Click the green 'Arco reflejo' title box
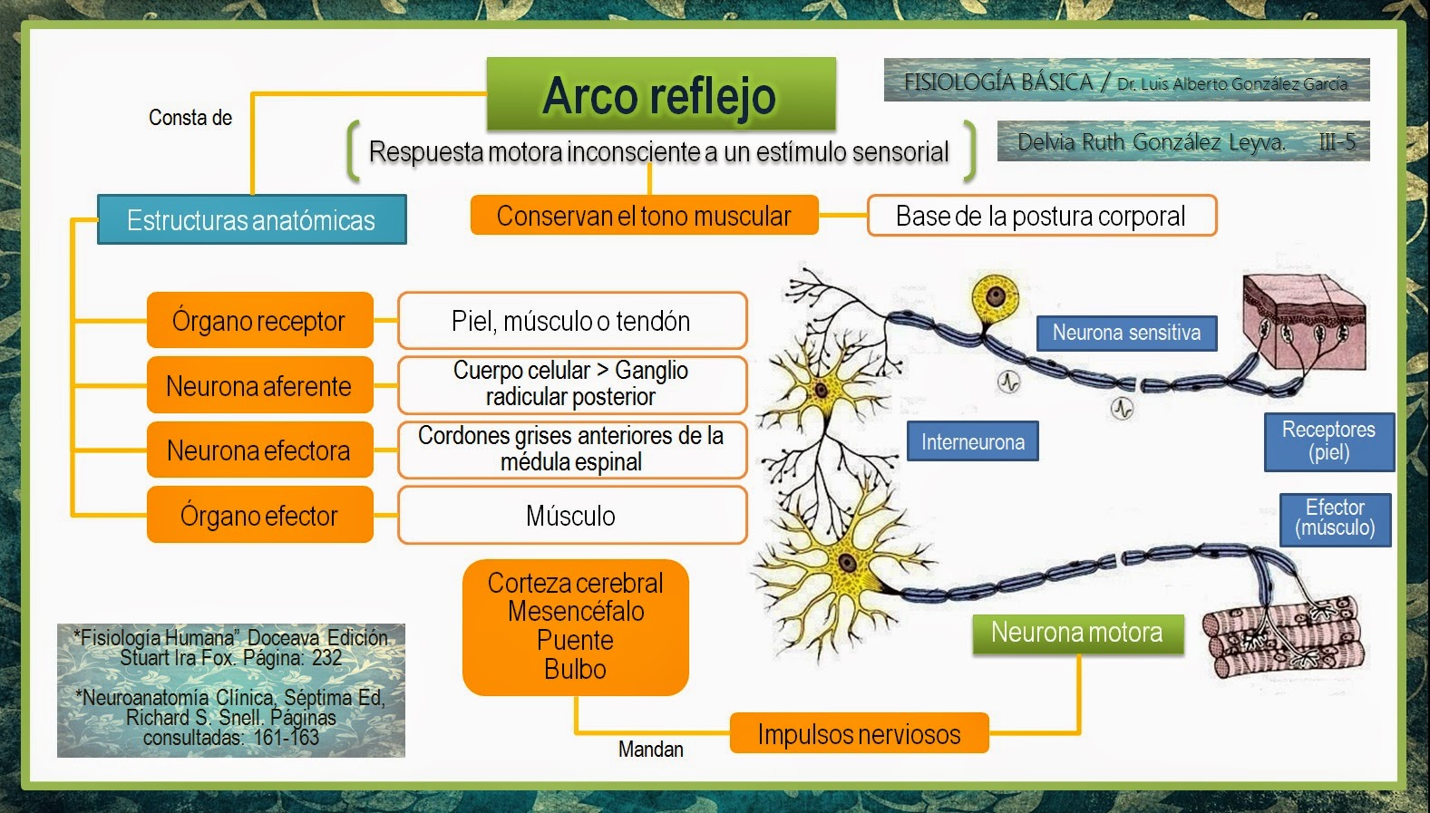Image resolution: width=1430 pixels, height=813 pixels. [661, 94]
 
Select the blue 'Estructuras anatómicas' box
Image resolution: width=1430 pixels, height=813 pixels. [251, 220]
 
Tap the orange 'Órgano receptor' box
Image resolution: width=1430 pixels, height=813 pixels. [259, 321]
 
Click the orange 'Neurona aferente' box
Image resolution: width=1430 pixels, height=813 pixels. [259, 386]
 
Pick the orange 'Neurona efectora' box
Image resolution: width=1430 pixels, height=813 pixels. [259, 450]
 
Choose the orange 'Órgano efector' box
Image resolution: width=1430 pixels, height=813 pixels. [259, 516]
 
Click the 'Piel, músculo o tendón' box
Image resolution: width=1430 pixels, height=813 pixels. [571, 321]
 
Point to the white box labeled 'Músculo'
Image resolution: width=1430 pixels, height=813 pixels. [571, 516]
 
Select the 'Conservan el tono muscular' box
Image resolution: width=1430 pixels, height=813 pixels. [644, 216]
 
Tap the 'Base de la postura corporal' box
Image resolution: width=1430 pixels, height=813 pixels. [1041, 216]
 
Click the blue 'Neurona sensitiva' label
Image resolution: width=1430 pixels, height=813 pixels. [1126, 334]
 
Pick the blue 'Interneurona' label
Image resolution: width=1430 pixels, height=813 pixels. [973, 442]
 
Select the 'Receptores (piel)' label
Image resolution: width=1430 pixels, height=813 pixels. [1328, 441]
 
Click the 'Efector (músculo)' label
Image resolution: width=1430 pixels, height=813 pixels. [1335, 518]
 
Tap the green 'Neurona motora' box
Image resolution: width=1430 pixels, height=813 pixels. [1077, 633]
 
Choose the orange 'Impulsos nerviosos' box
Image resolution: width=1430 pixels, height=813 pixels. [859, 734]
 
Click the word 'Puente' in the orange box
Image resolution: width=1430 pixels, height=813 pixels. [576, 641]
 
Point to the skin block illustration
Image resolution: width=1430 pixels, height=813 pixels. [1304, 322]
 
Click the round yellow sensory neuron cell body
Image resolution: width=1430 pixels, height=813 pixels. [996, 295]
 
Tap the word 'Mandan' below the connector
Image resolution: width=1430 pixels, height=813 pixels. [651, 750]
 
